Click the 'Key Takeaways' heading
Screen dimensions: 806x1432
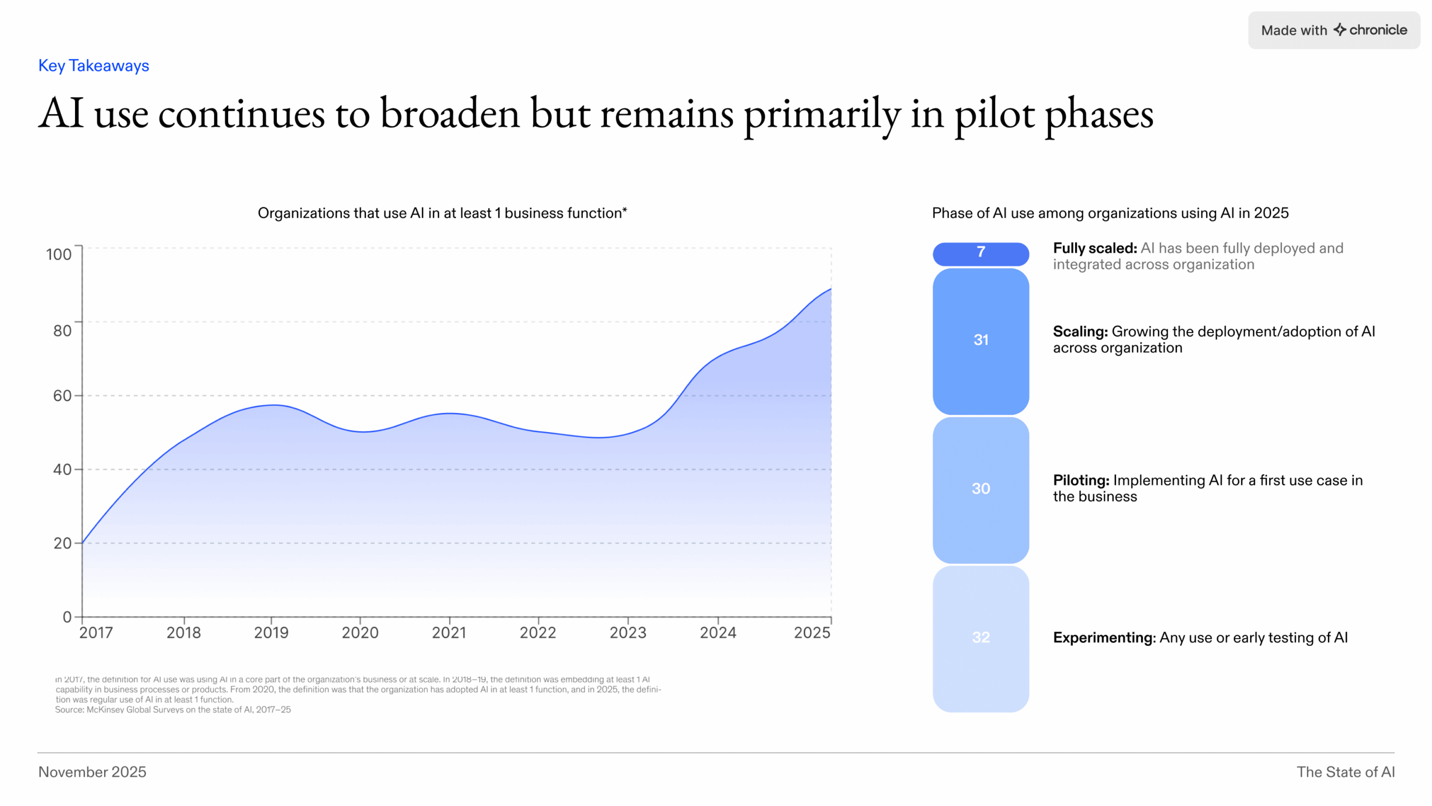pyautogui.click(x=93, y=65)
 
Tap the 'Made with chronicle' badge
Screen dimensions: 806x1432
pyautogui.click(x=1334, y=30)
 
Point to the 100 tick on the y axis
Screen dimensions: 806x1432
pyautogui.click(x=59, y=254)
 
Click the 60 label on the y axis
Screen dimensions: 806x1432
pyautogui.click(x=62, y=396)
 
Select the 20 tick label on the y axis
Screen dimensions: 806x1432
pyautogui.click(x=62, y=543)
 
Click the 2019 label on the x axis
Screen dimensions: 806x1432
pyautogui.click(x=271, y=632)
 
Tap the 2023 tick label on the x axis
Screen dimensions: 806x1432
pyautogui.click(x=628, y=632)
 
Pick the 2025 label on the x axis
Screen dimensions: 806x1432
pyautogui.click(x=812, y=632)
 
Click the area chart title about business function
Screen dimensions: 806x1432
pyautogui.click(x=442, y=213)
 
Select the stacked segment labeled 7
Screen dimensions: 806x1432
pyautogui.click(x=981, y=254)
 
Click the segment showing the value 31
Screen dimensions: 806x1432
pyautogui.click(x=981, y=340)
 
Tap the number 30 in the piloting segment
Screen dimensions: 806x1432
pyautogui.click(x=981, y=489)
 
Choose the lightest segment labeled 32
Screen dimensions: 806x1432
pyautogui.click(x=981, y=638)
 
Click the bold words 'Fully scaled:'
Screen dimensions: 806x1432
pyautogui.click(x=1095, y=248)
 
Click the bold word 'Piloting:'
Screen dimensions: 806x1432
pyautogui.click(x=1081, y=480)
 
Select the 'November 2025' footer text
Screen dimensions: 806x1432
pyautogui.click(x=92, y=772)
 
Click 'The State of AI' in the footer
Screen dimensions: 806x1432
pyautogui.click(x=1345, y=772)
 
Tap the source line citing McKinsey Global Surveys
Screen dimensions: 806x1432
pyautogui.click(x=173, y=710)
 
